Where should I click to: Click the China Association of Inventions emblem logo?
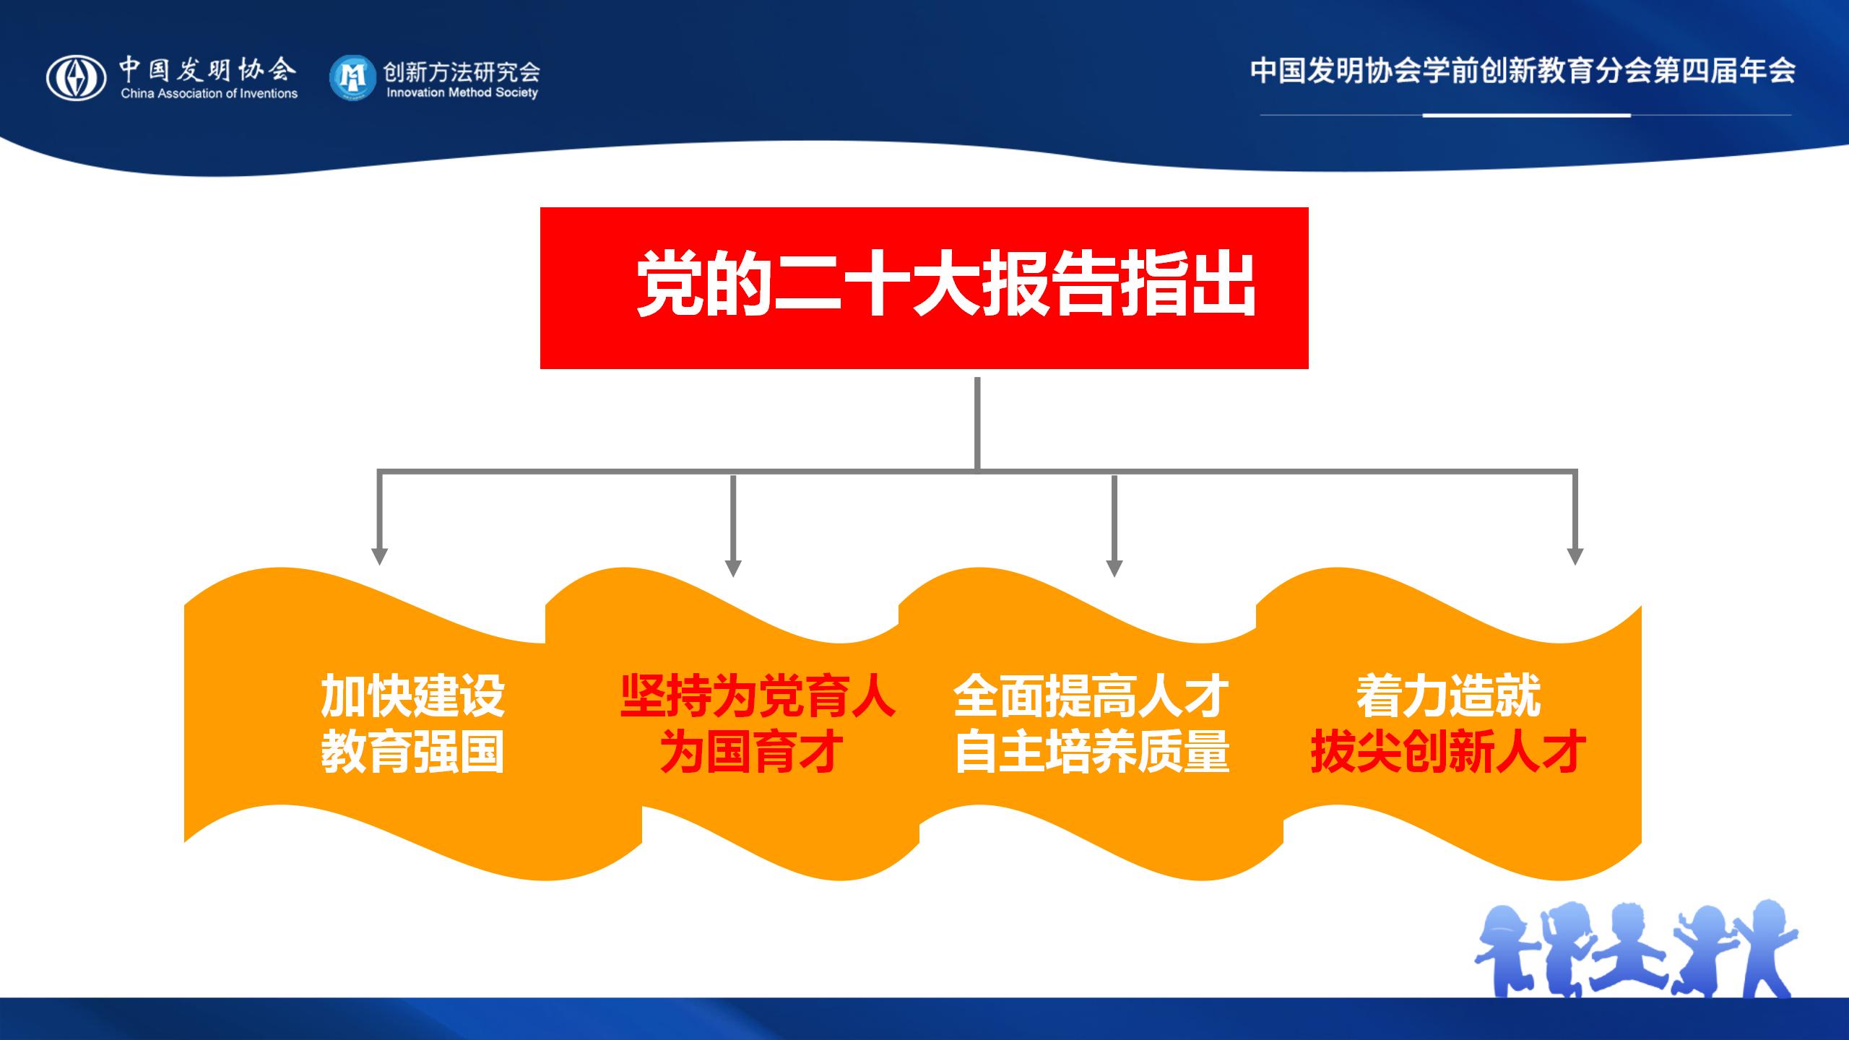(x=77, y=78)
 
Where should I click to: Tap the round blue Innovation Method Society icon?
(x=352, y=77)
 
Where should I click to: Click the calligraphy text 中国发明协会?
(x=208, y=70)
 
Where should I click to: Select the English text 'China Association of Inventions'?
(x=209, y=93)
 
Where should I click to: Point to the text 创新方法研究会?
(x=462, y=71)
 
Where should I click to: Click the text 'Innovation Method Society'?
(x=462, y=92)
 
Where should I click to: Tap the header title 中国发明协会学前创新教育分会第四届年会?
(x=1523, y=71)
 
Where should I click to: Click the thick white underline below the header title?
(x=1526, y=115)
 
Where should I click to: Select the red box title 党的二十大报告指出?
(x=946, y=285)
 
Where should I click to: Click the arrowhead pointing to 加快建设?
(x=379, y=556)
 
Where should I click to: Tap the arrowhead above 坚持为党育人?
(x=733, y=568)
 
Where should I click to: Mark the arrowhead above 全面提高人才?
(x=1114, y=568)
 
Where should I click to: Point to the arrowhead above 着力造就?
(x=1575, y=556)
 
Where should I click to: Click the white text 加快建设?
(x=412, y=696)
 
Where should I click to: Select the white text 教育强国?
(x=412, y=752)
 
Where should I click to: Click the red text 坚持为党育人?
(x=758, y=696)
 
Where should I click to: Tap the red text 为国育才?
(x=752, y=752)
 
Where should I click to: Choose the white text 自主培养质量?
(x=1091, y=752)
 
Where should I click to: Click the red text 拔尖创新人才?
(x=1448, y=752)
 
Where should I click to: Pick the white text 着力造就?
(x=1448, y=696)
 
